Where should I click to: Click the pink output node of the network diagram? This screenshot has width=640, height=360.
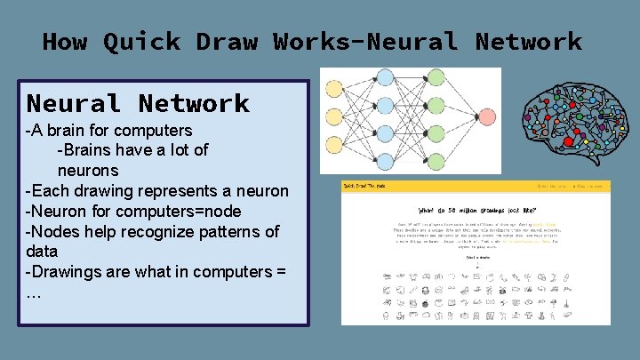(x=486, y=116)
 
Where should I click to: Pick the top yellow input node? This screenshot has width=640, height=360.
(x=334, y=89)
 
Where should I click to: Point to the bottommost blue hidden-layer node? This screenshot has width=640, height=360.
(x=385, y=162)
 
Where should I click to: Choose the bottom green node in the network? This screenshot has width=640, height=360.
(x=436, y=162)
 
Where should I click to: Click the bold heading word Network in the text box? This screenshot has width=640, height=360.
(x=194, y=104)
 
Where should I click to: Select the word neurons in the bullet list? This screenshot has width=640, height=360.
(x=87, y=170)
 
